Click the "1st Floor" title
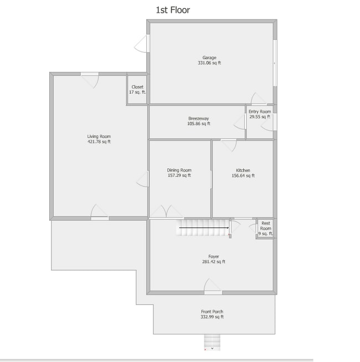click(173, 10)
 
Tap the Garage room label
click(209, 58)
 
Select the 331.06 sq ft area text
click(209, 63)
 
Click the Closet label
click(137, 87)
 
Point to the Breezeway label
click(198, 118)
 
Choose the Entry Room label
click(259, 112)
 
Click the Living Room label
click(99, 136)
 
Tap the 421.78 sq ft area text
click(99, 142)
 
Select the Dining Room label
click(179, 170)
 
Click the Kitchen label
click(243, 170)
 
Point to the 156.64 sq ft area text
click(243, 175)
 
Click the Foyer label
click(213, 256)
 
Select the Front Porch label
click(212, 312)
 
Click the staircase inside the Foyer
click(203, 227)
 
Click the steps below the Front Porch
click(212, 342)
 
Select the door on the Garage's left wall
click(143, 44)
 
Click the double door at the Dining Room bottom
click(167, 213)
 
